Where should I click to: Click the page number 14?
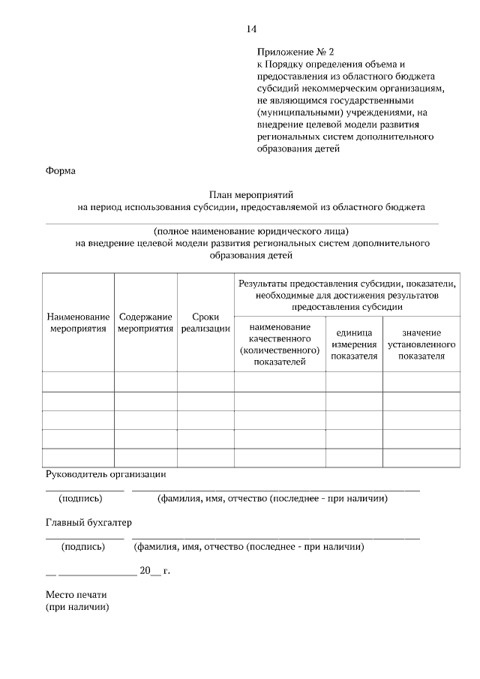[251, 29]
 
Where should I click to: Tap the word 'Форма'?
[60, 170]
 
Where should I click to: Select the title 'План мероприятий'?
[250, 193]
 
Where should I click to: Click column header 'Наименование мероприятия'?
[78, 323]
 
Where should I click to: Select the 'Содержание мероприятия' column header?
[145, 323]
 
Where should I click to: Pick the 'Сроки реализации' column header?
[205, 323]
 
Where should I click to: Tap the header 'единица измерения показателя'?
[354, 344]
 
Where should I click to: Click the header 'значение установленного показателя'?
[421, 344]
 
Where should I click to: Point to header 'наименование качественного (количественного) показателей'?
[280, 344]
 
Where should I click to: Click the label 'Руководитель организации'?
[106, 474]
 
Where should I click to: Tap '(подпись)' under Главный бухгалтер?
[83, 547]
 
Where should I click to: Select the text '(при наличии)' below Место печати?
[77, 607]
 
